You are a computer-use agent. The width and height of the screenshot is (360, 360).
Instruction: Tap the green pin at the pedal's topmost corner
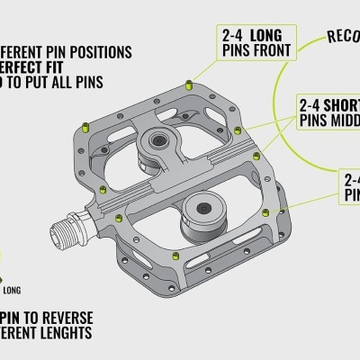(x=188, y=85)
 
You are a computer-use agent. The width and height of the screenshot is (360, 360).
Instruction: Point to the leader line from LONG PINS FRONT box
(x=203, y=67)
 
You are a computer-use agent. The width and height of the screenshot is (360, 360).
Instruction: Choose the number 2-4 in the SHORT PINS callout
(x=311, y=103)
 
